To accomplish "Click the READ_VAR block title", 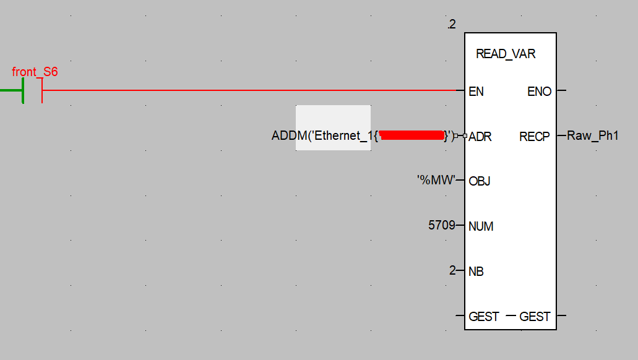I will (506, 54).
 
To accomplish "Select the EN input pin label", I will (476, 92).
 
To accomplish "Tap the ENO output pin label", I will (539, 92).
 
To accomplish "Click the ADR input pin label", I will (480, 137).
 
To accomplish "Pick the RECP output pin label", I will (535, 137).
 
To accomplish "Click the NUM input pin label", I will (481, 226).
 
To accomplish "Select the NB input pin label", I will (476, 272).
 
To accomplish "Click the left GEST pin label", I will (484, 317).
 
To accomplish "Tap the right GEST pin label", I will (535, 317).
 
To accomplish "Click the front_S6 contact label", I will (35, 72).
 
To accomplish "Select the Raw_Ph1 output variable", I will (593, 135).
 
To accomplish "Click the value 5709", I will (441, 226).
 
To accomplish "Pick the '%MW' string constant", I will (436, 181).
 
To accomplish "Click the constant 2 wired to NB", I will (452, 271).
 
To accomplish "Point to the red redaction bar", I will (412, 135).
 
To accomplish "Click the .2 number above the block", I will (451, 25).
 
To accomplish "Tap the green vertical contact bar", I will (23, 91).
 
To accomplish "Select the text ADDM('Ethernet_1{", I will (324, 135).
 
